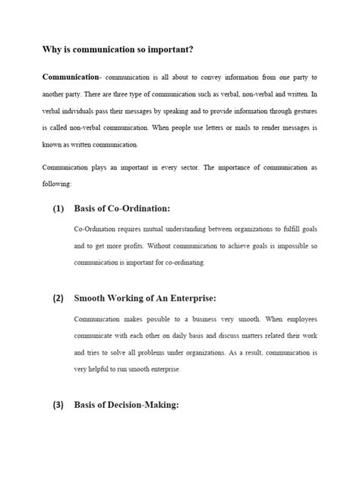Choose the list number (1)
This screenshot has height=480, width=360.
click(58, 208)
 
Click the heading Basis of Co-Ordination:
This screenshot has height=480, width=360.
click(122, 208)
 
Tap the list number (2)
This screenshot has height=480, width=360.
click(58, 298)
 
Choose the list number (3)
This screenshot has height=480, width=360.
click(58, 405)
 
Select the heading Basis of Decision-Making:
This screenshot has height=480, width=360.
click(126, 405)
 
